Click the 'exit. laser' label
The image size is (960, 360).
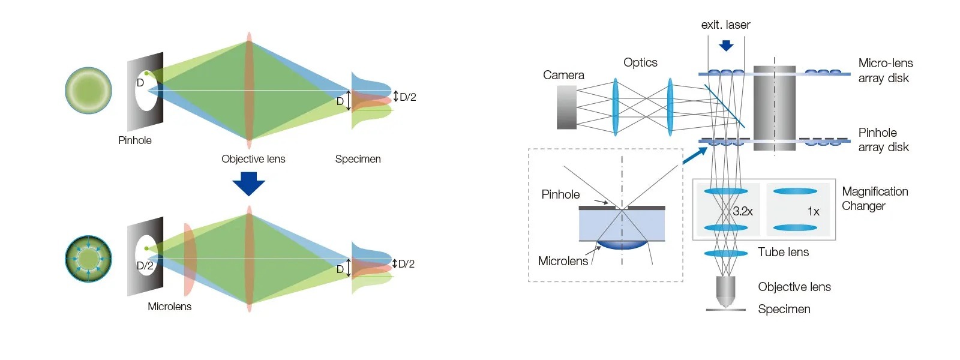[x=725, y=25]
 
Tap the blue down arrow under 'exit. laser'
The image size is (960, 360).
[x=726, y=46]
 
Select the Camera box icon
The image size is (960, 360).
[x=566, y=107]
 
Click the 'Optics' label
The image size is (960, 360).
[x=640, y=62]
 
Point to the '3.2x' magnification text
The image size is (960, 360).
[x=742, y=211]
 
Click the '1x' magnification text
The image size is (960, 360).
[x=813, y=211]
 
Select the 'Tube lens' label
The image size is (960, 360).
[x=783, y=252]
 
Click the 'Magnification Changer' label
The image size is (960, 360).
[x=875, y=199]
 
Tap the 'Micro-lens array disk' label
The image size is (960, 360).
[x=885, y=70]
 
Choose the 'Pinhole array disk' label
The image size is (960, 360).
[x=883, y=140]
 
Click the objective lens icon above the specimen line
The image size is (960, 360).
[x=725, y=291]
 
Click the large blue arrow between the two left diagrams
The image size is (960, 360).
[x=248, y=184]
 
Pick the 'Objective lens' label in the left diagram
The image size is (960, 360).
[x=253, y=159]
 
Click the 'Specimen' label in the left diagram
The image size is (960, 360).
[x=358, y=159]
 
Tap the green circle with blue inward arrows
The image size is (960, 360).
[x=89, y=259]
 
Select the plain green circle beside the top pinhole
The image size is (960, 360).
[x=89, y=91]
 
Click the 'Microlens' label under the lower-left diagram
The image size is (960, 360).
[x=169, y=307]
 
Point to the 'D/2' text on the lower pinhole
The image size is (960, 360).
[x=145, y=266]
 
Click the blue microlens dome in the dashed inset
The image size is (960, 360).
[x=622, y=244]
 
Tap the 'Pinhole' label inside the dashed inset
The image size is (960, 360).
[x=560, y=194]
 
